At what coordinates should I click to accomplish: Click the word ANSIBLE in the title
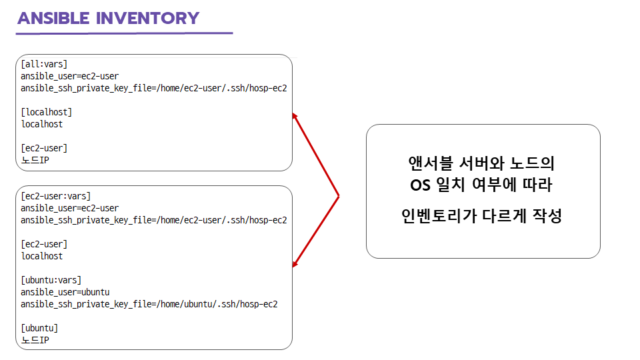[x=54, y=18]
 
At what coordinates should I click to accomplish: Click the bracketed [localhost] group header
[x=47, y=112]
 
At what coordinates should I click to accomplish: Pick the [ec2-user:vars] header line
[x=55, y=196]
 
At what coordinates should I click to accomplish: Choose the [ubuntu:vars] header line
[x=51, y=280]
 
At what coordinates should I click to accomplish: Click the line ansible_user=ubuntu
[x=65, y=292]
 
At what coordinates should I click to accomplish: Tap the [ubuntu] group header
[x=39, y=328]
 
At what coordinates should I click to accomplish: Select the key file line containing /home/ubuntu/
[x=149, y=304]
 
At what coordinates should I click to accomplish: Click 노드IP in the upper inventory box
[x=35, y=160]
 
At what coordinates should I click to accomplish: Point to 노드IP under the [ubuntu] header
[x=35, y=340]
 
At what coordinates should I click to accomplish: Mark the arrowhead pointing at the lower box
[x=295, y=265]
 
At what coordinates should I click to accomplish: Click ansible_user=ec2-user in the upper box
[x=70, y=77]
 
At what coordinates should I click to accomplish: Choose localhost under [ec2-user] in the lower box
[x=42, y=256]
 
